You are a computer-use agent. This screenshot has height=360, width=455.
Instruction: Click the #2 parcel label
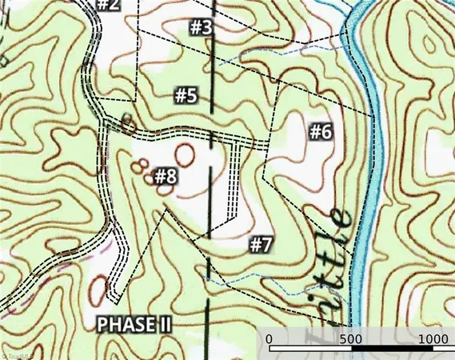click(x=108, y=5)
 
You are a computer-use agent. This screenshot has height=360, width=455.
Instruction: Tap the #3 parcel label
click(x=202, y=27)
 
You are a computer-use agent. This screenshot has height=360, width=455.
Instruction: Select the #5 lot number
click(x=186, y=96)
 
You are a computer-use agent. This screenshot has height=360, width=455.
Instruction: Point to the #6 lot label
click(x=320, y=132)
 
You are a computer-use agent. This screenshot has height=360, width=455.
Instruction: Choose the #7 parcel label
click(x=261, y=244)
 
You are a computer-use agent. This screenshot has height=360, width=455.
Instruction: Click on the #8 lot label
click(x=166, y=175)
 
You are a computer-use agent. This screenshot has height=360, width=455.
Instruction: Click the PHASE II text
click(x=134, y=325)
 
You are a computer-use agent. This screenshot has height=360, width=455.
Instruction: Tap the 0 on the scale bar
click(x=269, y=339)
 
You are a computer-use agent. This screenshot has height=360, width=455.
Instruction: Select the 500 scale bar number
click(x=351, y=339)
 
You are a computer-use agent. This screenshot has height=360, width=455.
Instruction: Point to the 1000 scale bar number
click(x=433, y=339)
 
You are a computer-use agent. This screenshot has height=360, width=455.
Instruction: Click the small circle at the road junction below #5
click(x=127, y=124)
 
